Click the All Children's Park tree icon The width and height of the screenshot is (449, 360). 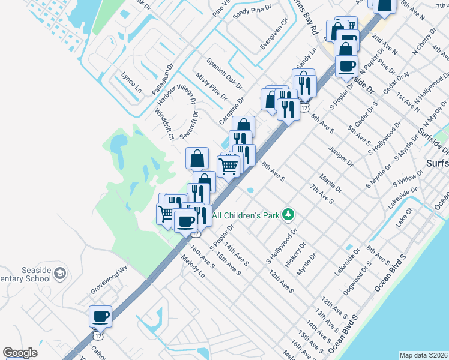(289, 214)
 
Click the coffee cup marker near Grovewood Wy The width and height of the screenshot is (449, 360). (100, 316)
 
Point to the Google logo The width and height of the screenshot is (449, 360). (20, 353)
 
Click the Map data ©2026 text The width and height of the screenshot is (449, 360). (423, 355)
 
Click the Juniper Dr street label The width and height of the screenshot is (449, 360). (341, 154)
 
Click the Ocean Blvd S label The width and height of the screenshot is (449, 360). (390, 273)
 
